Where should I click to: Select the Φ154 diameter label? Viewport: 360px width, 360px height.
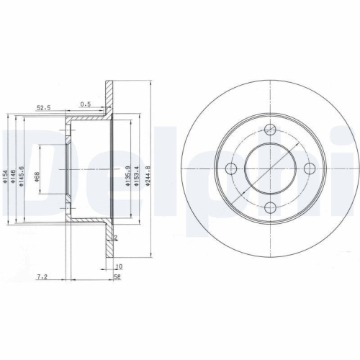coord(6,177)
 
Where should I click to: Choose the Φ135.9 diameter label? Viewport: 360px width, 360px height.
coord(126,177)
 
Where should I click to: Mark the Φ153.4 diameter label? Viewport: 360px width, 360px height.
coord(135,177)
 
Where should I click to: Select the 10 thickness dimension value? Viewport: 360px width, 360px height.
coord(118,266)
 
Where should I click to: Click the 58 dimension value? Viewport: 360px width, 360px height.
coord(117,275)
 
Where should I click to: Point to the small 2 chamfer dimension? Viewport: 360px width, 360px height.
coord(115,238)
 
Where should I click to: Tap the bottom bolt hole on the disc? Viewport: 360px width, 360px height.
coord(270,208)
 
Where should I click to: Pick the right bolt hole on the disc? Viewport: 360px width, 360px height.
coord(310,168)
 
